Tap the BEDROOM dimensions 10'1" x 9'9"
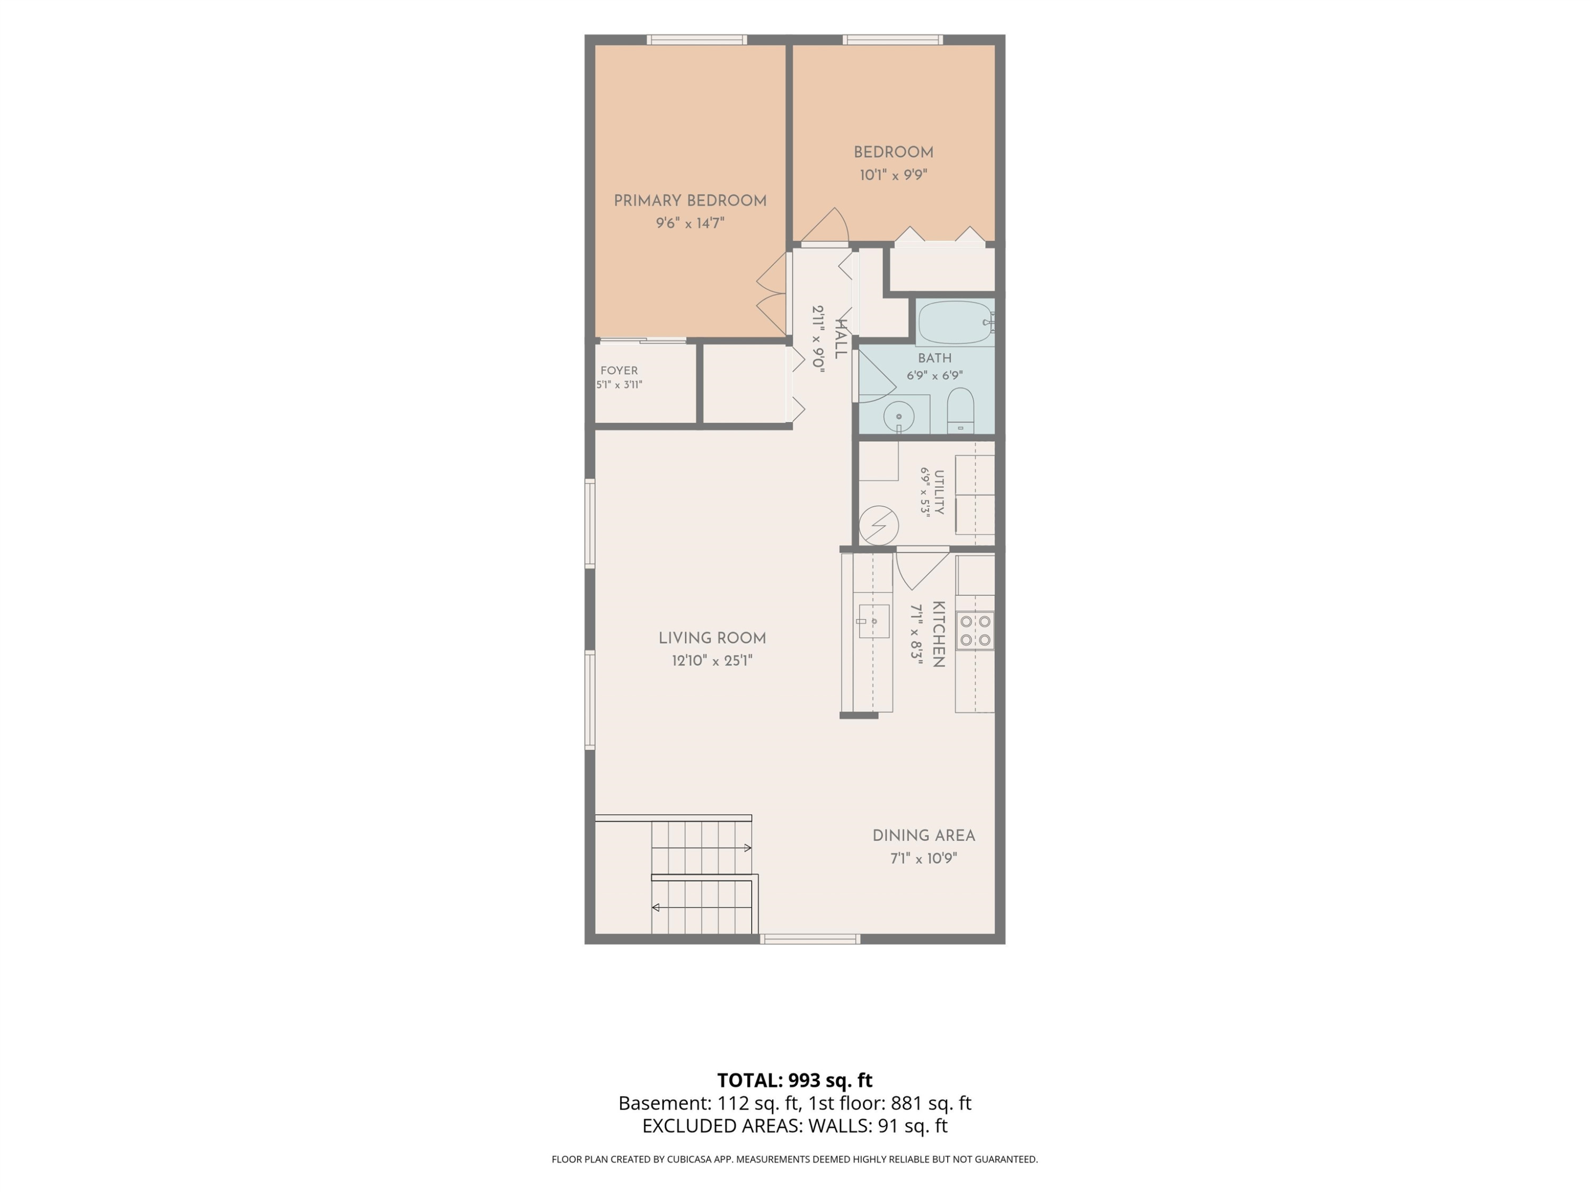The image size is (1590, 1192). pyautogui.click(x=894, y=175)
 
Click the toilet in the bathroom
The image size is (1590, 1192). pyautogui.click(x=960, y=410)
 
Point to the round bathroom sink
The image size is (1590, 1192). pyautogui.click(x=898, y=416)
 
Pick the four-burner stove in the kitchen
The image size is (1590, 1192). pyautogui.click(x=975, y=630)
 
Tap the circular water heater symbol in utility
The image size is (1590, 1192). pyautogui.click(x=878, y=525)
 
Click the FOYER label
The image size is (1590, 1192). pyautogui.click(x=619, y=371)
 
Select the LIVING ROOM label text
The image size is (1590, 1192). pyautogui.click(x=712, y=638)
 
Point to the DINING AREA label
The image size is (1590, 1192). pyautogui.click(x=924, y=835)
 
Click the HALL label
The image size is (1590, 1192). pyautogui.click(x=840, y=339)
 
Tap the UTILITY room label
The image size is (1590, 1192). pyautogui.click(x=939, y=492)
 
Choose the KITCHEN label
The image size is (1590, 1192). pyautogui.click(x=938, y=635)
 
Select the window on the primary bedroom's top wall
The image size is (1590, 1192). pyautogui.click(x=696, y=40)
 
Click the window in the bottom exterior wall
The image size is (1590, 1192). pyautogui.click(x=810, y=939)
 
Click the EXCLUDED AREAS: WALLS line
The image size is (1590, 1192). pyautogui.click(x=795, y=1126)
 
